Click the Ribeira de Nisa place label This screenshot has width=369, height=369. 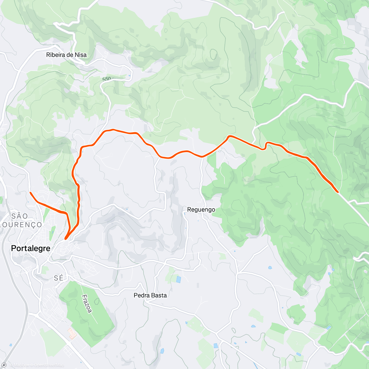[x=66, y=55]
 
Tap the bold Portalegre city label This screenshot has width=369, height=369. [x=30, y=248]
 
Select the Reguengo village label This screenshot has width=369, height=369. [x=201, y=210]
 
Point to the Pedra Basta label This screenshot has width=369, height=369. [x=150, y=296]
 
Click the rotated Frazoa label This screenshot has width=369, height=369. [x=87, y=304]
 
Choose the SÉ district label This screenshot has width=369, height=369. [x=58, y=278]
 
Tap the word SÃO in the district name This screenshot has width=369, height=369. [x=19, y=216]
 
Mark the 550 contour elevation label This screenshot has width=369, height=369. [x=107, y=79]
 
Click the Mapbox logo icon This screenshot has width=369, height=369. [x=4, y=365]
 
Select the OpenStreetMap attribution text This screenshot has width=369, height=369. [x=49, y=365]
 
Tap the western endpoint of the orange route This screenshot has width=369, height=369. [x=30, y=193]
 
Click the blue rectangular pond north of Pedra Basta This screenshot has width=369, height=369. [x=179, y=280]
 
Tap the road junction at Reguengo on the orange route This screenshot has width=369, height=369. [x=202, y=157]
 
